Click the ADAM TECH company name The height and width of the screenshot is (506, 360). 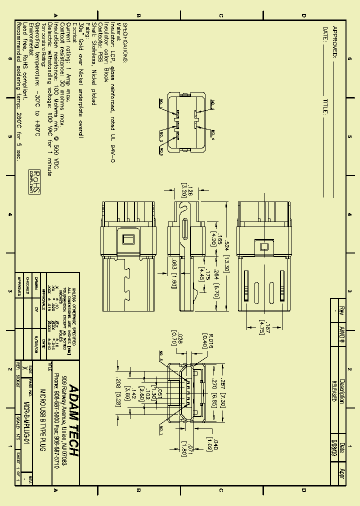coord(73,420)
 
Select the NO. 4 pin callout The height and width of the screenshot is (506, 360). coord(212,133)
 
